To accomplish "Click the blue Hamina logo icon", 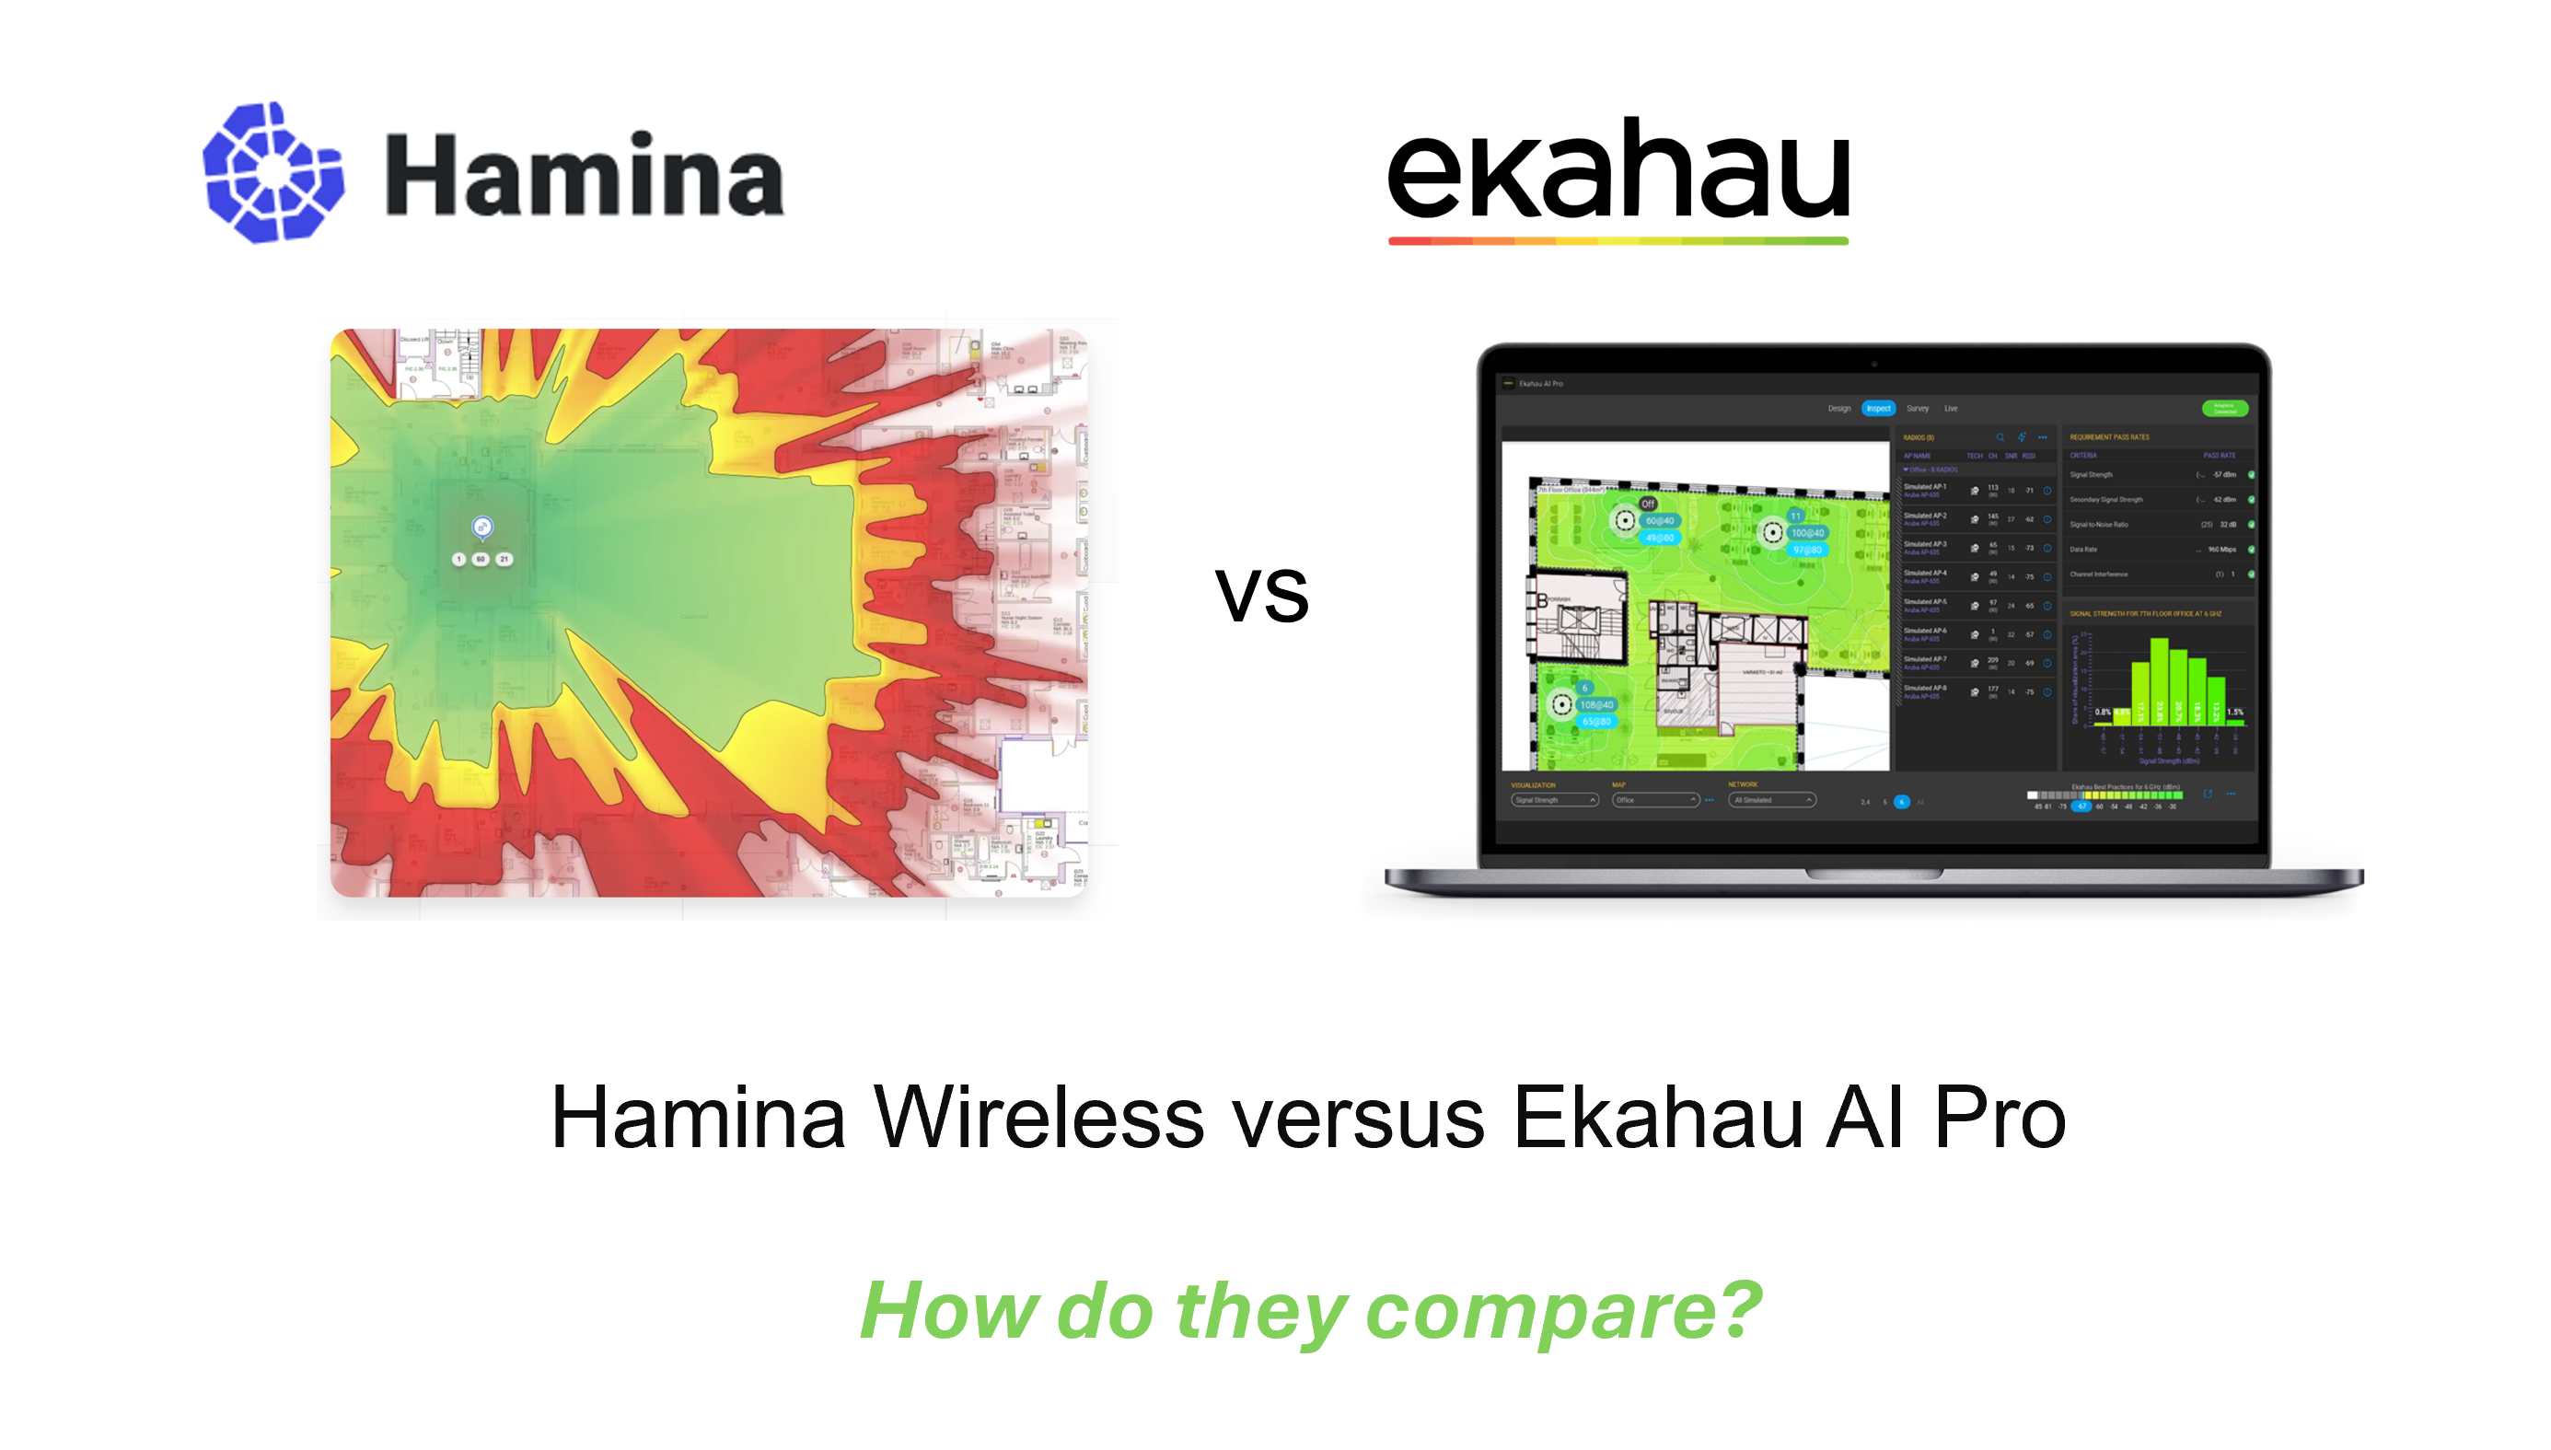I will pyautogui.click(x=272, y=172).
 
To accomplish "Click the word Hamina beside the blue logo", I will pyautogui.click(x=585, y=175).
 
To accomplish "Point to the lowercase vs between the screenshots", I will pyautogui.click(x=1261, y=594).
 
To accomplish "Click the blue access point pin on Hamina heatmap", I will pyautogui.click(x=481, y=526).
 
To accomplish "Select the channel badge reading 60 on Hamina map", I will pyautogui.click(x=481, y=559).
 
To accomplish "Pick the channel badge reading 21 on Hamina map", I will pyautogui.click(x=504, y=559).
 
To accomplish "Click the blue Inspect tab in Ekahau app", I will pyautogui.click(x=1878, y=409).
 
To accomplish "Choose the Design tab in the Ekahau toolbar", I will pyautogui.click(x=1838, y=409).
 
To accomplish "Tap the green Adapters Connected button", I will pyautogui.click(x=2223, y=409).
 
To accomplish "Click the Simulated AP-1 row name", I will pyautogui.click(x=1925, y=487).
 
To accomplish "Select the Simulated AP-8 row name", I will pyautogui.click(x=1925, y=688).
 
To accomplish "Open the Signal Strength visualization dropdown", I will pyautogui.click(x=1554, y=800).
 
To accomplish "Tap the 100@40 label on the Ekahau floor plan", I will pyautogui.click(x=1807, y=533).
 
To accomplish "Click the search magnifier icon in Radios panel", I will pyautogui.click(x=2000, y=437).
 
